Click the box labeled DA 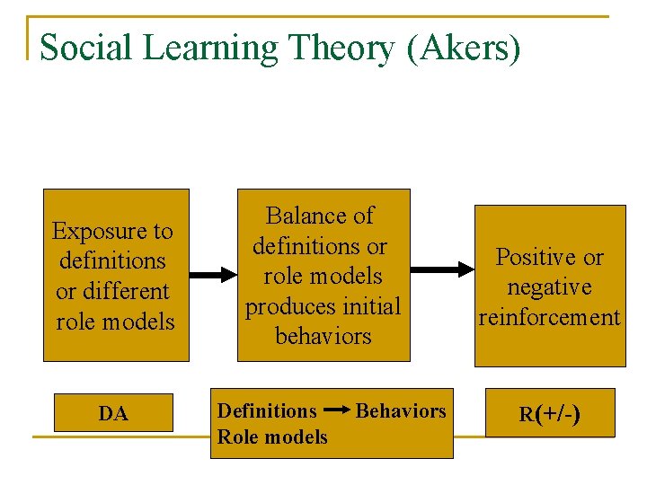pyautogui.click(x=113, y=413)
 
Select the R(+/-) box pyautogui.click(x=549, y=413)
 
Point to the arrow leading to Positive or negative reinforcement pyautogui.click(x=442, y=267)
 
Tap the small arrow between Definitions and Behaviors pyautogui.click(x=336, y=410)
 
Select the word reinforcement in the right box pyautogui.click(x=549, y=317)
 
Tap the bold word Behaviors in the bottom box pyautogui.click(x=401, y=410)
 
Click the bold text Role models pyautogui.click(x=272, y=436)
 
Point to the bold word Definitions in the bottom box pyautogui.click(x=267, y=410)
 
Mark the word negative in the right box pyautogui.click(x=549, y=287)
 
